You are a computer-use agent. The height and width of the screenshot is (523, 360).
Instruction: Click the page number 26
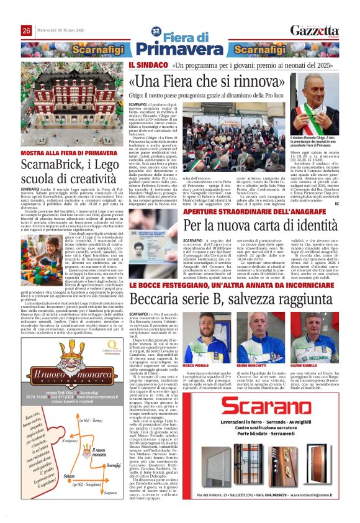tap(27, 31)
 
